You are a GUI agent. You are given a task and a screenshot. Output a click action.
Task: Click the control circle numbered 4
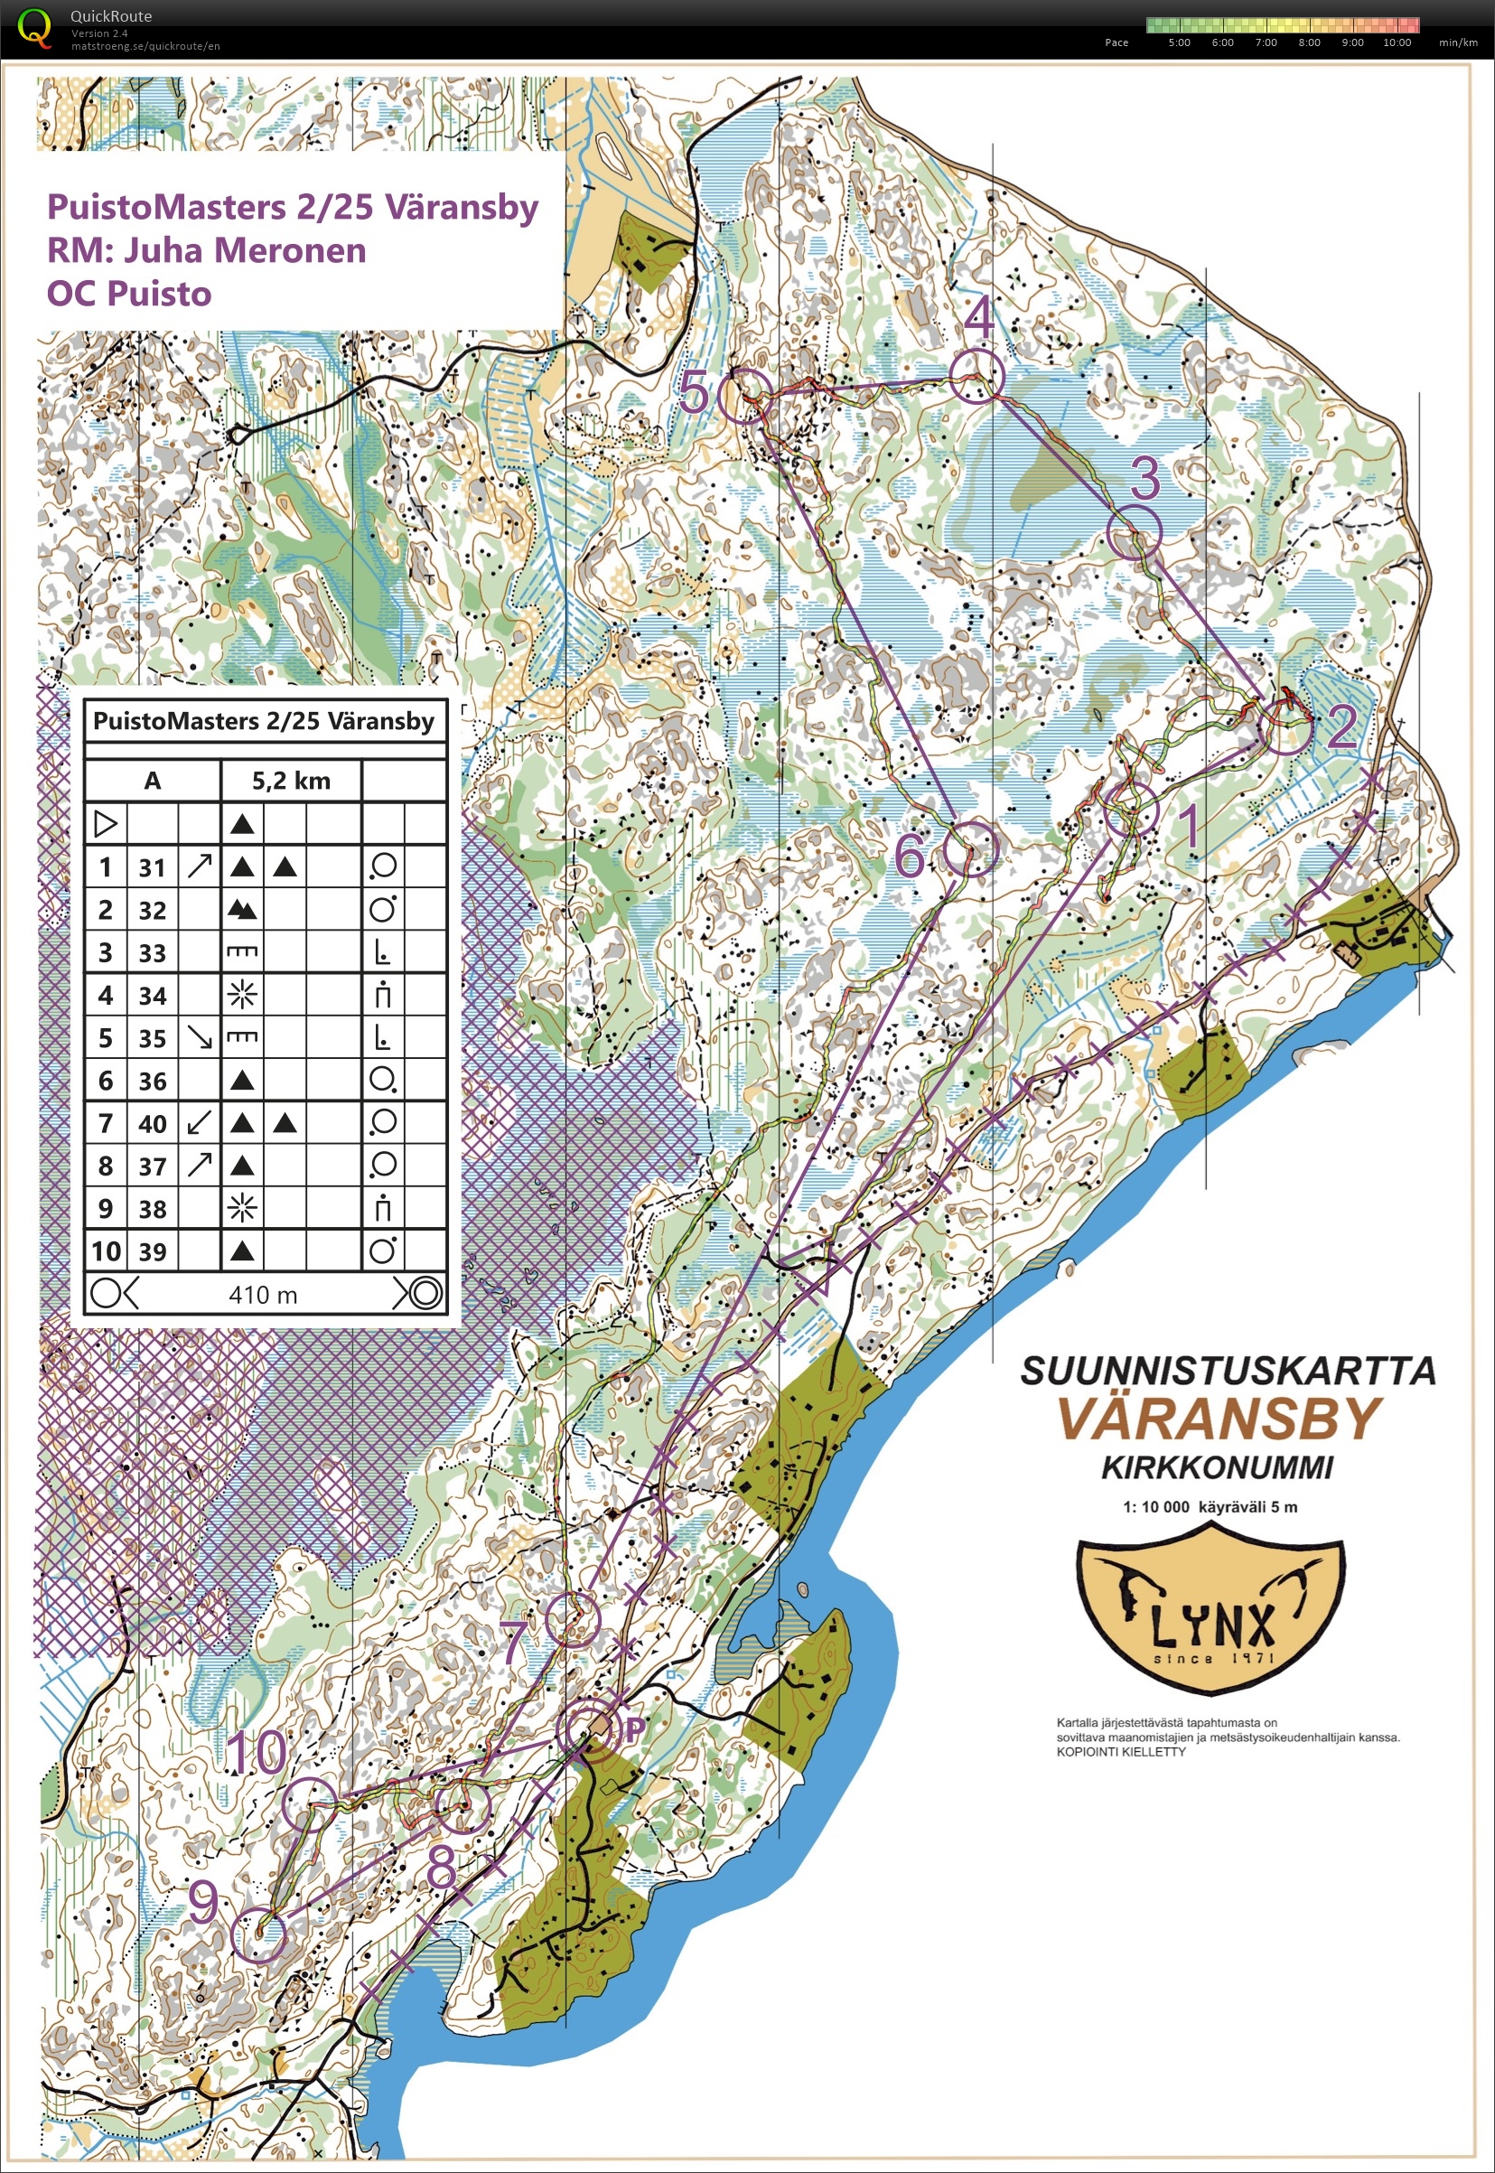[976, 377]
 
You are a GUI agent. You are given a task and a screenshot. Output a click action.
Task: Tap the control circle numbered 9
[258, 1935]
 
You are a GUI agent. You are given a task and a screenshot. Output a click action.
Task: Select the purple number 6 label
[910, 855]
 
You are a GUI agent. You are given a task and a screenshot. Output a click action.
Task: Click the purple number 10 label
[257, 1750]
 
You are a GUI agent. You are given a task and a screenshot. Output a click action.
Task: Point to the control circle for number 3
[1135, 532]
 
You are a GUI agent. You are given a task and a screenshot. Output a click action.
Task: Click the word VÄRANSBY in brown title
[1220, 1419]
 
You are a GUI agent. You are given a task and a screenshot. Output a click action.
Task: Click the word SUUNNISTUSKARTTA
[1227, 1371]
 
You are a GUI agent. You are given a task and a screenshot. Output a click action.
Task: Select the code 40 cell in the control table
[152, 1122]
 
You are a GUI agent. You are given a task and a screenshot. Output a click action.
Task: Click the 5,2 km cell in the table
[290, 781]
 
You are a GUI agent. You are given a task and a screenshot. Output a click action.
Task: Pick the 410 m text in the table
[263, 1294]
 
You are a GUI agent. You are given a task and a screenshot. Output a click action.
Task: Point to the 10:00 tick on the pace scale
[1396, 42]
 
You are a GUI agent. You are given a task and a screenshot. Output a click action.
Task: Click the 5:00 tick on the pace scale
[1179, 42]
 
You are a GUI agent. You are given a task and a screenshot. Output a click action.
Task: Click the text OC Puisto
[129, 295]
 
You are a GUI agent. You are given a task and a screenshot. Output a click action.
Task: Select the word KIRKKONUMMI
[1216, 1467]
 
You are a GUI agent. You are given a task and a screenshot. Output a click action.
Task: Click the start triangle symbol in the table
[106, 824]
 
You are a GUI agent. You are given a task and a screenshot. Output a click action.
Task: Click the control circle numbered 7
[572, 1619]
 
